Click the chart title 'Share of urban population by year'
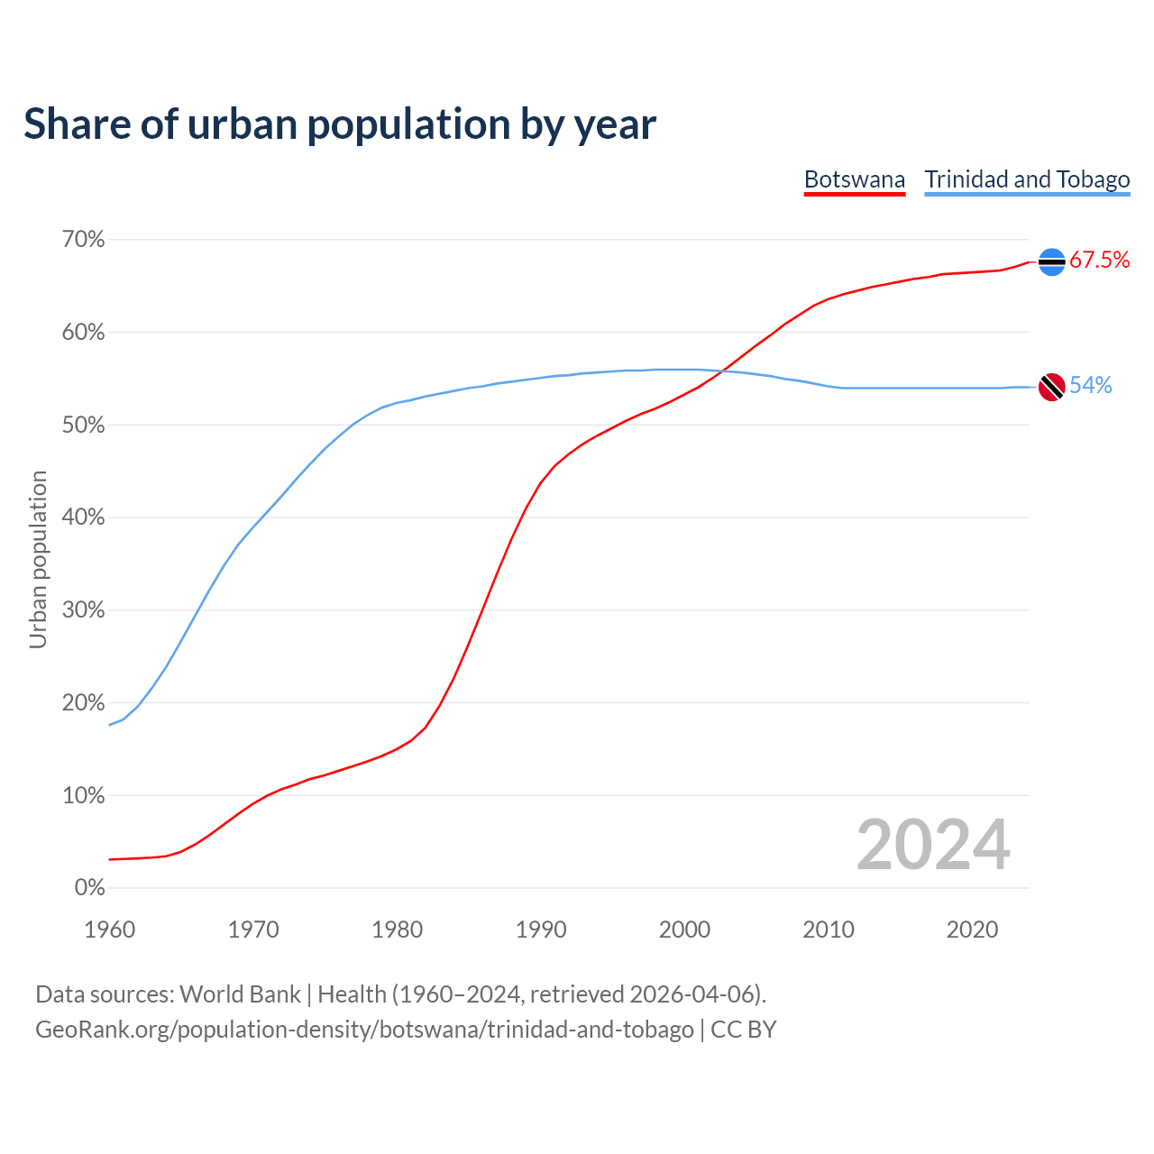[x=340, y=124]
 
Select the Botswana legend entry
[x=854, y=179]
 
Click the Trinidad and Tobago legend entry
[x=1027, y=179]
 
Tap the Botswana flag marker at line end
[x=1051, y=261]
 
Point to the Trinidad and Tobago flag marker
[x=1051, y=387]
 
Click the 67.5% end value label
[x=1099, y=261]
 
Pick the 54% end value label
[x=1091, y=386]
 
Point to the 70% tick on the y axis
[x=83, y=240]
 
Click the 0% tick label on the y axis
[x=89, y=888]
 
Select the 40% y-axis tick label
[x=83, y=517]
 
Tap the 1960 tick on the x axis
[x=109, y=930]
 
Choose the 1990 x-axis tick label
[x=541, y=930]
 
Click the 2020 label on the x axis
[x=972, y=930]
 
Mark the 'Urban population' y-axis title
[x=38, y=559]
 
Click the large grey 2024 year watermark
[x=933, y=846]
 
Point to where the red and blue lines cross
[x=724, y=371]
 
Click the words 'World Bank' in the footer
[x=240, y=994]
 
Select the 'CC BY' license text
[x=744, y=1030]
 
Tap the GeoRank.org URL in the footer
[x=364, y=1030]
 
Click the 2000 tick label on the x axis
[x=684, y=930]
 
